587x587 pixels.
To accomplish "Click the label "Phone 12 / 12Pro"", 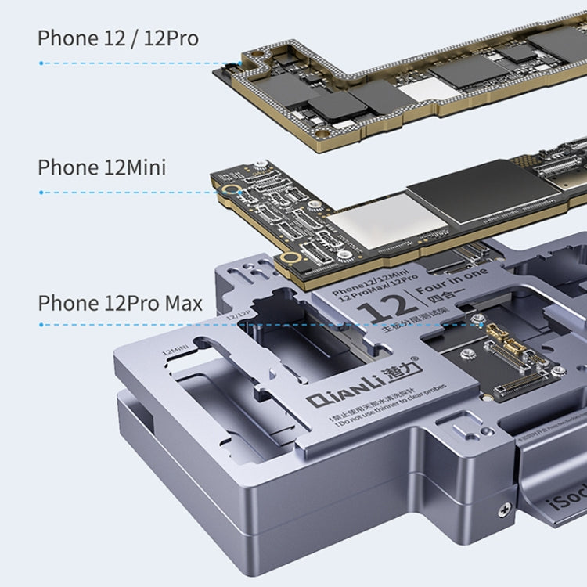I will click(x=118, y=37).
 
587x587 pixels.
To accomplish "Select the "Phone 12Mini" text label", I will click(x=102, y=167).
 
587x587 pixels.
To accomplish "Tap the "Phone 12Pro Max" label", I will click(x=120, y=303).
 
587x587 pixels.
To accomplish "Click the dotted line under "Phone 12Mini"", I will click(x=125, y=192).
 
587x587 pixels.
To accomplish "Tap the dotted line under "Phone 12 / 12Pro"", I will click(x=137, y=63).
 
